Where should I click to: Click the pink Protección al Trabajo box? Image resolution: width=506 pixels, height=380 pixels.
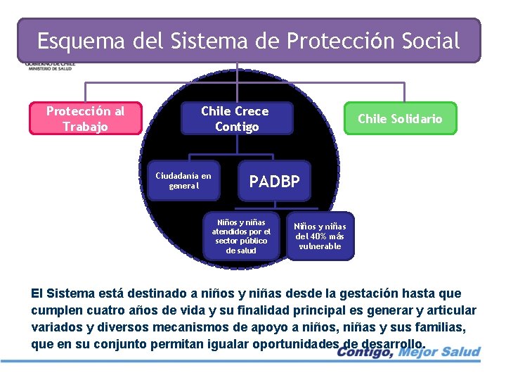(85, 118)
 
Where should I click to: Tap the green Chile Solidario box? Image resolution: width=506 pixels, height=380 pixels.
(400, 119)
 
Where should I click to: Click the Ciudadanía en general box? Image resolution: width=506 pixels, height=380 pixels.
(183, 181)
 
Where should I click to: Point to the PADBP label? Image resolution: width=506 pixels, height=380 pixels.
(275, 182)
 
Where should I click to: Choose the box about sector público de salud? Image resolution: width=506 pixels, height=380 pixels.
(241, 236)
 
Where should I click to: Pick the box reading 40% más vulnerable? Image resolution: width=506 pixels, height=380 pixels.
(320, 236)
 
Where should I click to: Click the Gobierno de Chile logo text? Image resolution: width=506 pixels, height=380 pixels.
(49, 65)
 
